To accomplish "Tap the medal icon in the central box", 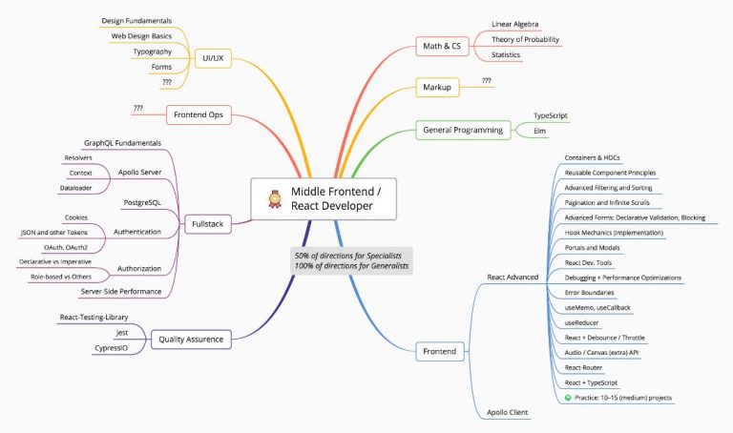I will pos(271,198).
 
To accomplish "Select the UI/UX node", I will pos(212,58).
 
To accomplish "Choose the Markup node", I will pos(436,88).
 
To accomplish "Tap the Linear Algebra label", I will pos(515,24).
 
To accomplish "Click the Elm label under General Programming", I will pos(540,131).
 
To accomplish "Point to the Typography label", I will pos(153,52).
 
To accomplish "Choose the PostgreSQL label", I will pos(142,203).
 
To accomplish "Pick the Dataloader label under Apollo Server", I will pos(74,188).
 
